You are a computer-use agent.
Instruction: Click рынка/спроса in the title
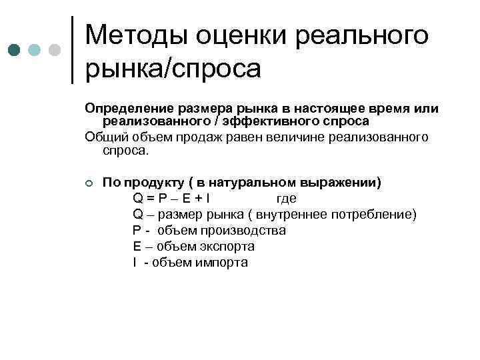[x=173, y=68]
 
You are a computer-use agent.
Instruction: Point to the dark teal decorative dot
[x=15, y=49]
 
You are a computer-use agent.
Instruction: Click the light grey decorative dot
[x=54, y=49]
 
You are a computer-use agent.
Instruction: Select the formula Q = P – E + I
[x=171, y=198]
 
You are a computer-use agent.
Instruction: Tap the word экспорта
[x=225, y=246]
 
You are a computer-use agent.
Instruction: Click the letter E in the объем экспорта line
[x=137, y=246]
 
